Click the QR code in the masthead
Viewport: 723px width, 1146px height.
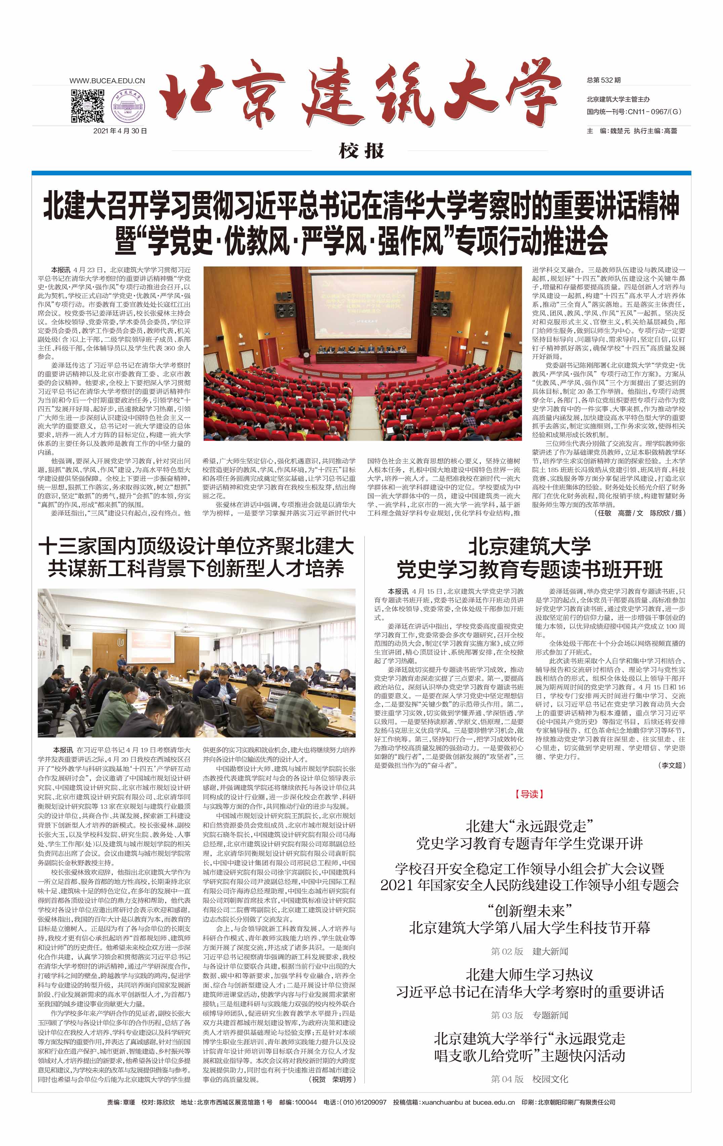click(x=88, y=105)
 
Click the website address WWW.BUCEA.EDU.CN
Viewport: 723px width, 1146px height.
click(x=107, y=81)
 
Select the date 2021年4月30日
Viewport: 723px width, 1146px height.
click(x=120, y=131)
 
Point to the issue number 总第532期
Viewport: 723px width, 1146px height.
click(x=604, y=80)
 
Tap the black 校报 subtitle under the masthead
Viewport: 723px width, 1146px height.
click(x=361, y=151)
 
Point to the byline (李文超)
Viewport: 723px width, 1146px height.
click(x=672, y=765)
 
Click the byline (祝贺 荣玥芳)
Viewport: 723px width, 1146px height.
click(x=332, y=1079)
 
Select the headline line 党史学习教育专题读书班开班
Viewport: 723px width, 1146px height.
click(x=529, y=569)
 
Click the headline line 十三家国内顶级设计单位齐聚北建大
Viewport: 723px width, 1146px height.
click(x=196, y=546)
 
